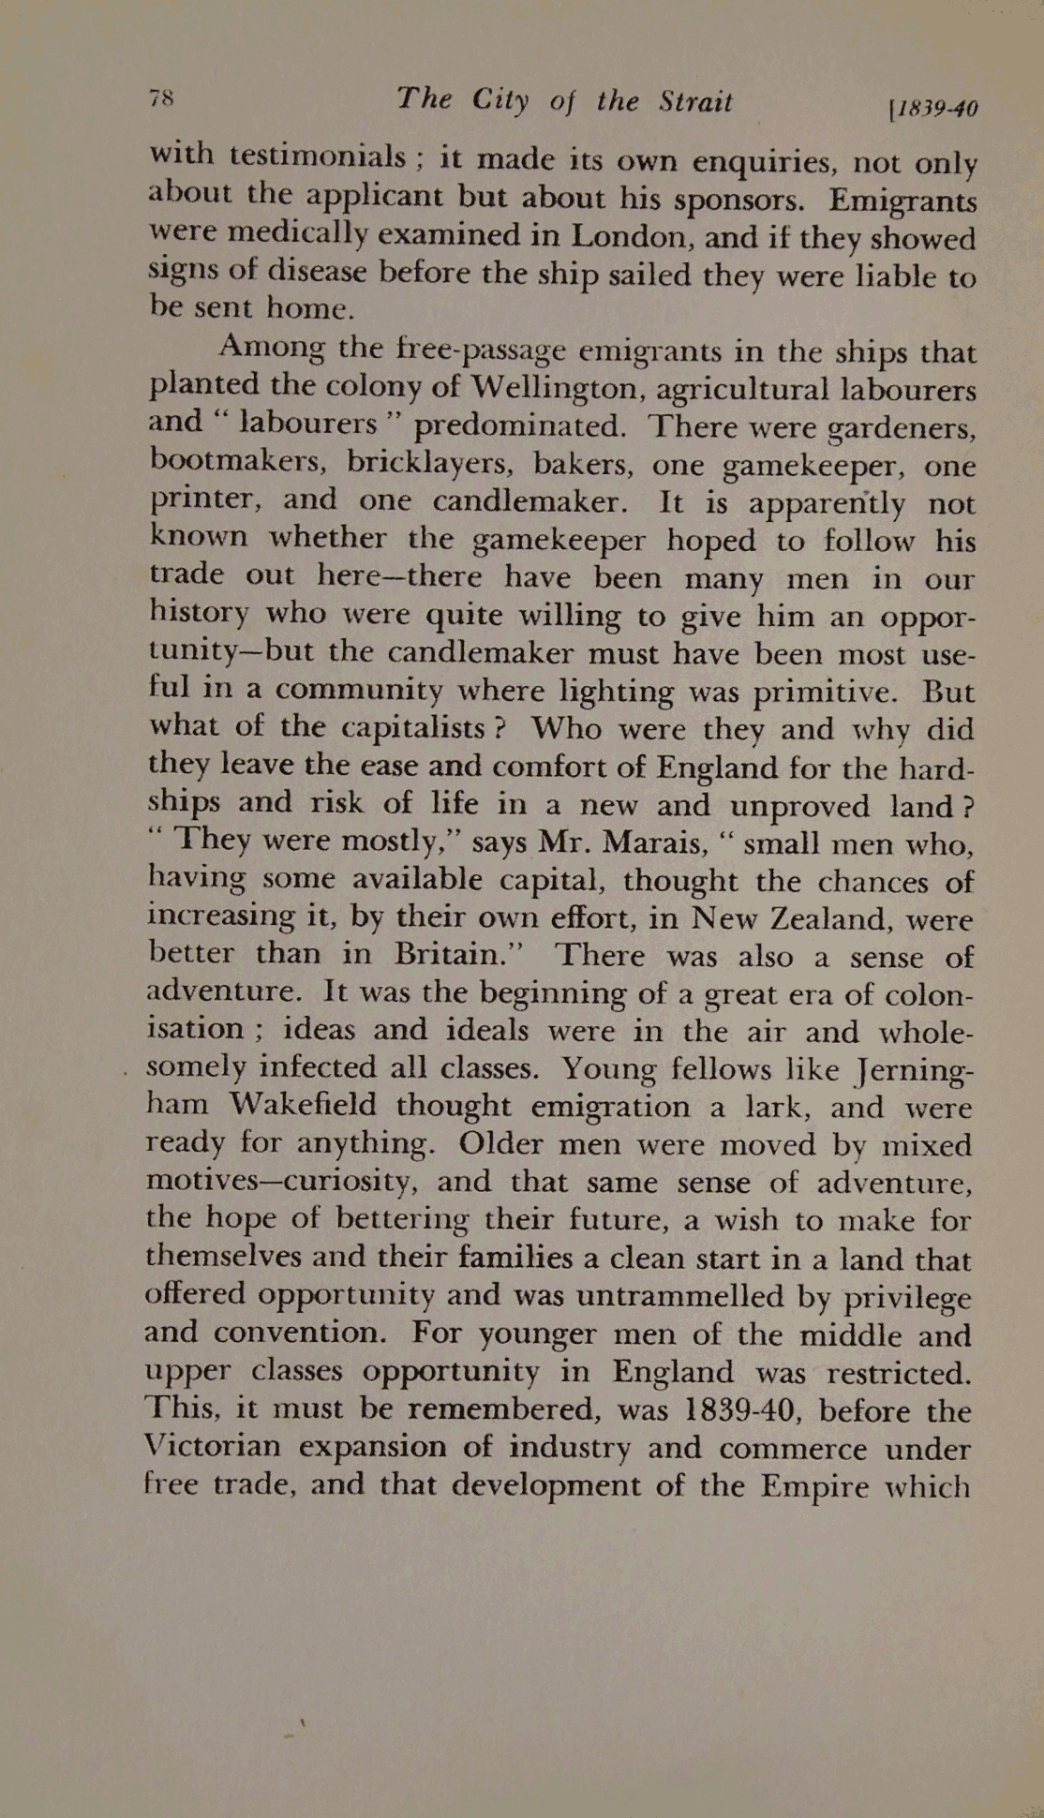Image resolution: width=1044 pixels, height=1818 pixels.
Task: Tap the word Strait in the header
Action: coord(694,101)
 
